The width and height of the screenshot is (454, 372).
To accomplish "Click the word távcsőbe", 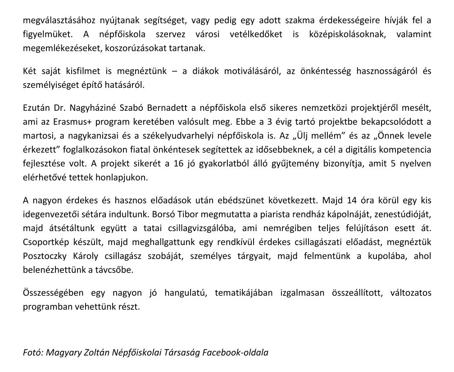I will (x=126, y=269).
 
